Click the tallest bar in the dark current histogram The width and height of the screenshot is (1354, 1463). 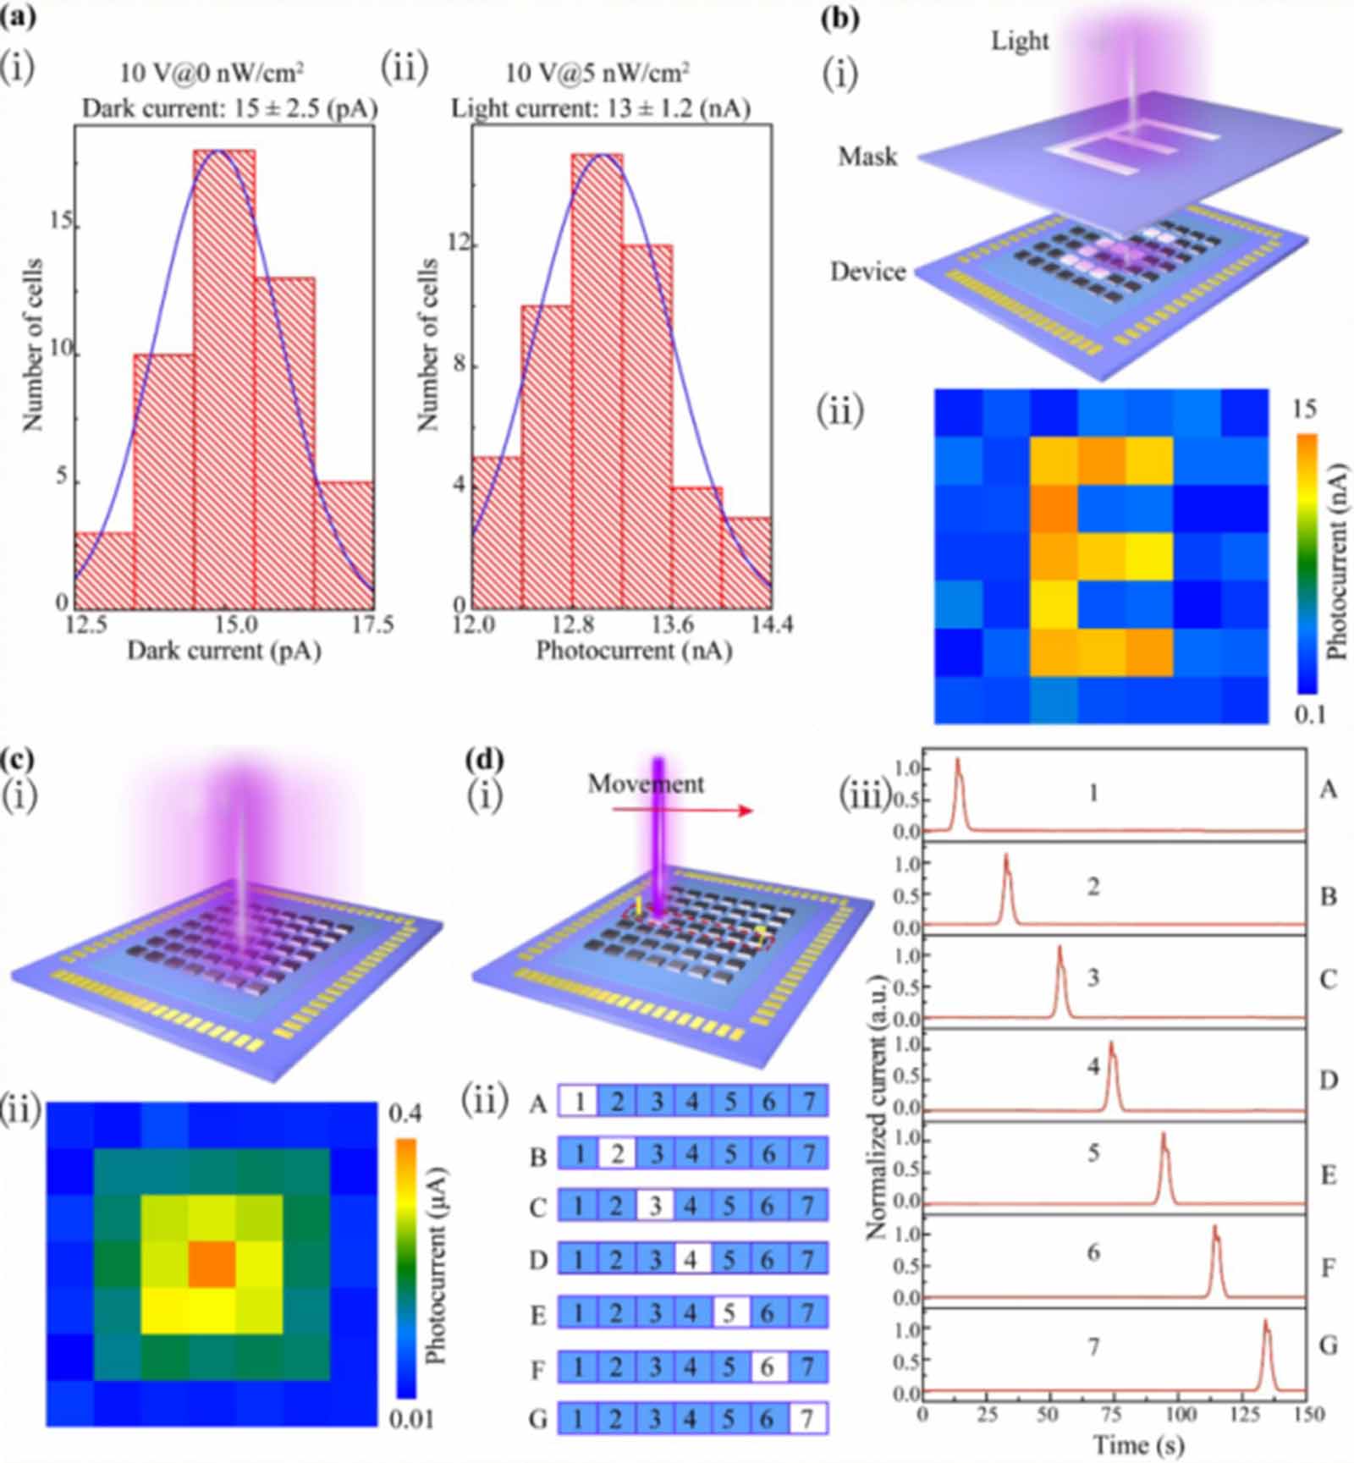(x=223, y=377)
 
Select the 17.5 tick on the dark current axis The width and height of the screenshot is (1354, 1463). (x=372, y=625)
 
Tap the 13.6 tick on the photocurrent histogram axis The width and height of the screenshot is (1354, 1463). (x=673, y=625)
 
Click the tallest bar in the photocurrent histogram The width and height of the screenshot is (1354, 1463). (x=597, y=381)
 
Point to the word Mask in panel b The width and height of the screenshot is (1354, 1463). (x=867, y=157)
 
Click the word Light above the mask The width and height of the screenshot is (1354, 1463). (x=1020, y=41)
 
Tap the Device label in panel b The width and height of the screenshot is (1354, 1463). (x=867, y=272)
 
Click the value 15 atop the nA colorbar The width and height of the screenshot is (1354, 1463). (x=1304, y=410)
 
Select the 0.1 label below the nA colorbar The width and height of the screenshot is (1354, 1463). (x=1309, y=715)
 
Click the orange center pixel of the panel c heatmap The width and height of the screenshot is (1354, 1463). (x=212, y=1264)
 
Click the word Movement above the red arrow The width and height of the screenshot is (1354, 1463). (x=646, y=784)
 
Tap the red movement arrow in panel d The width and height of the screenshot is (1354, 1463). (x=682, y=811)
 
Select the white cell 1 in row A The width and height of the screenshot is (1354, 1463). (x=579, y=1102)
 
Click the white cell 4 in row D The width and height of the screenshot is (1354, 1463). (x=692, y=1260)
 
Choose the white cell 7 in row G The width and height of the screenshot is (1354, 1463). (x=807, y=1419)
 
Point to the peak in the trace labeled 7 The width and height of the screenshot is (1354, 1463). (x=1266, y=1323)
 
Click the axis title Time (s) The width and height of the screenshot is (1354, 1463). (x=1138, y=1444)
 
